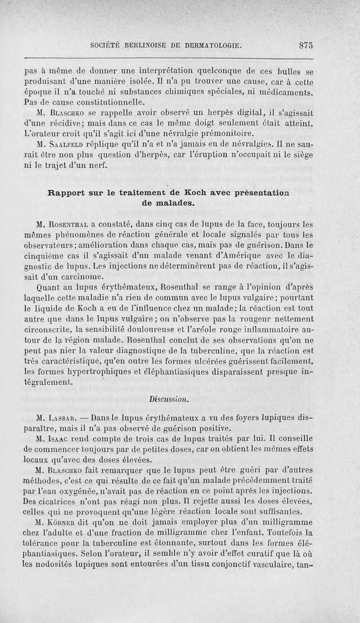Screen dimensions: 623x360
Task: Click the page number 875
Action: pos(306,45)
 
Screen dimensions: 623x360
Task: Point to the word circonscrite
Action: pos(49,330)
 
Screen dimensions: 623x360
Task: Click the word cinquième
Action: pos(43,255)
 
